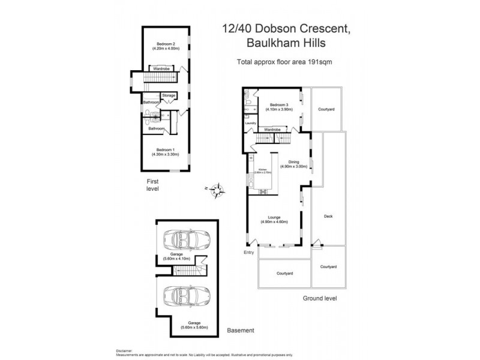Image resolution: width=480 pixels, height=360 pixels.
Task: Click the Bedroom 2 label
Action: coord(166,44)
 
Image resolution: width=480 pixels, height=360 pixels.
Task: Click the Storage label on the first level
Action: coord(169,95)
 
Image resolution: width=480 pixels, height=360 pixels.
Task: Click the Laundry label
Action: coord(251,123)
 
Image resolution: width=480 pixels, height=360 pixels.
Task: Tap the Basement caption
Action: coord(241,331)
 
